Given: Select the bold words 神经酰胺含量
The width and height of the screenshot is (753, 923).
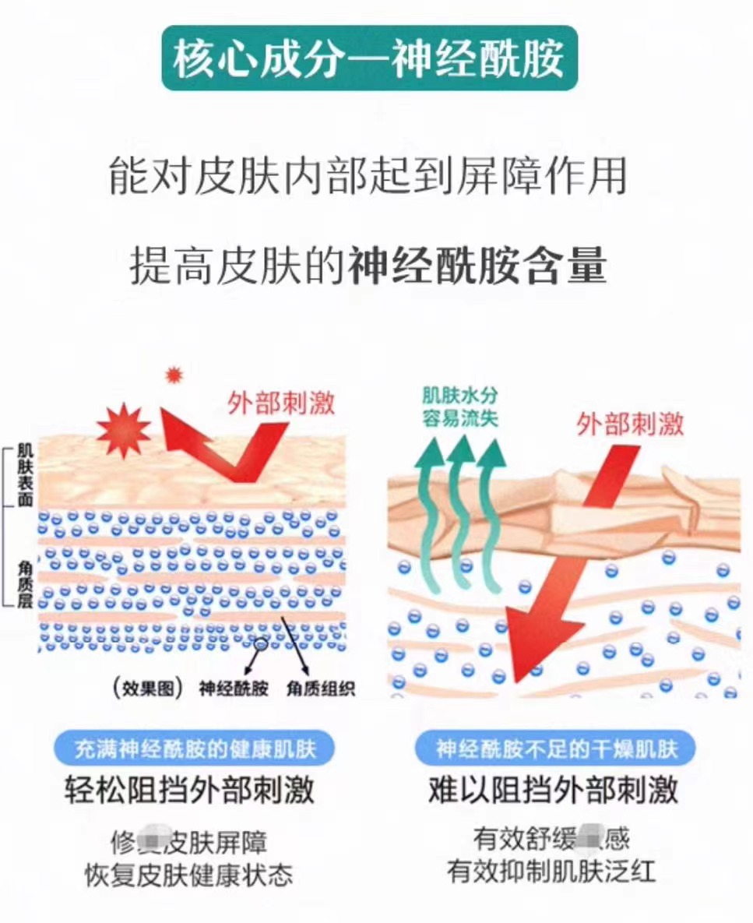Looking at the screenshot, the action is [x=477, y=266].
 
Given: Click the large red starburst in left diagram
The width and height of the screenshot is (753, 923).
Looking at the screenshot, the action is [x=124, y=430].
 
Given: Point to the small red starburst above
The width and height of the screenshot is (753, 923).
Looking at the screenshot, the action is [x=174, y=375].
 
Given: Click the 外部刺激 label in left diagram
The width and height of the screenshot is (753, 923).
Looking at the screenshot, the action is [x=281, y=403].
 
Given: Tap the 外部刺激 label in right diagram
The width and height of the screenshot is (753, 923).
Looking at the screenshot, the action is [x=630, y=424].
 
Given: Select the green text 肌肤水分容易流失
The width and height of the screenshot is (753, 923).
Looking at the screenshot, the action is [x=459, y=407].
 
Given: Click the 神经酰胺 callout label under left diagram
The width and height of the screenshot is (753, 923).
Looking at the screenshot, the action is [x=234, y=689].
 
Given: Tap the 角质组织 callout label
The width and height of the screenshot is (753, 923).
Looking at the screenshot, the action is [x=320, y=689].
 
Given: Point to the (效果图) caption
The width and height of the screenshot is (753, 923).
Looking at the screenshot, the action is [x=147, y=689].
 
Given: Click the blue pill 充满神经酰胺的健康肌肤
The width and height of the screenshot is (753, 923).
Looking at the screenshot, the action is [x=195, y=749].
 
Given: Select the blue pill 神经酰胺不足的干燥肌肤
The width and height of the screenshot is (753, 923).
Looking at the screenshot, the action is [x=556, y=749].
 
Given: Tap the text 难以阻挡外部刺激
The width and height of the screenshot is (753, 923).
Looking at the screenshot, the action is [x=554, y=791].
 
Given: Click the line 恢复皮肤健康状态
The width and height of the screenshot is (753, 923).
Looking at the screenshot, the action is [x=189, y=874].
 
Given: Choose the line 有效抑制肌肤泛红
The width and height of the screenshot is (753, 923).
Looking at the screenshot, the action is [x=551, y=870].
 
